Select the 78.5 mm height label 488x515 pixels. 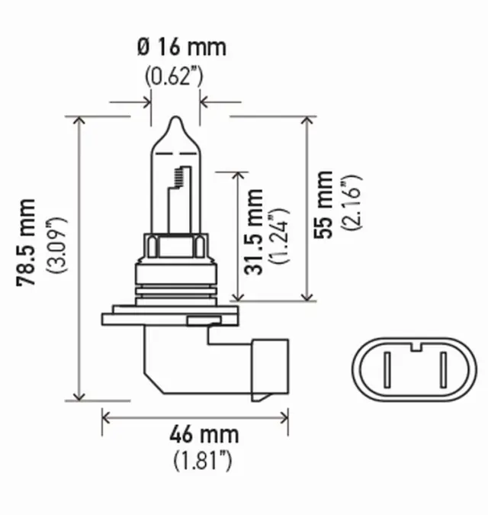click(27, 243)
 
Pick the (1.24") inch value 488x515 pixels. click(279, 234)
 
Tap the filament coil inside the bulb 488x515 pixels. click(179, 176)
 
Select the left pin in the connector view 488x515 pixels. click(387, 372)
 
